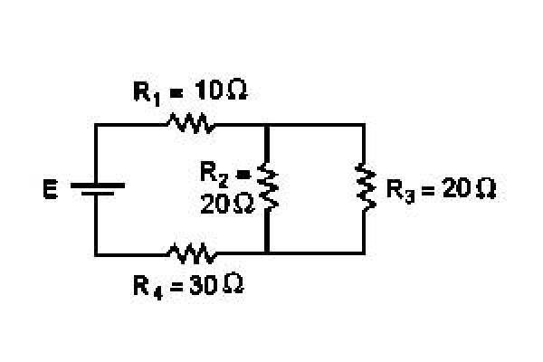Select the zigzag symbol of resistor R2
268,186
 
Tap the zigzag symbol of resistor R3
366,187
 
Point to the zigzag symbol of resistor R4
192,253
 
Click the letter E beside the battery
51,189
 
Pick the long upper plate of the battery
98,186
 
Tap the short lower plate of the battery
98,194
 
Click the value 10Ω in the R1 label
221,90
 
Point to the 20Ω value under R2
227,204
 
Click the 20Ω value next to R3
469,189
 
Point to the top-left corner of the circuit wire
96,124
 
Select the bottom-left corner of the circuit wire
96,254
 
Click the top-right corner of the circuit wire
364,124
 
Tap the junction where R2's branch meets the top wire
267,125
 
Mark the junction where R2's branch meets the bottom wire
267,253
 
